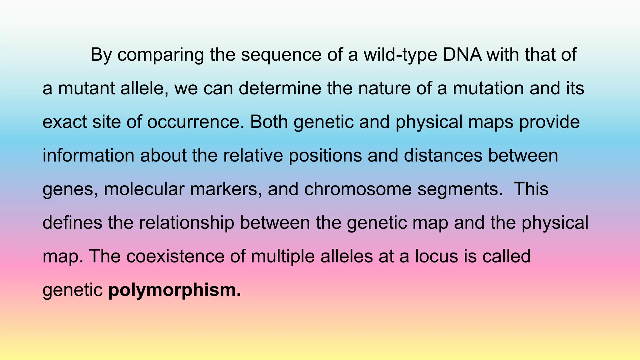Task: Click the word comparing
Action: coord(161,55)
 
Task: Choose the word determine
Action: coord(280,88)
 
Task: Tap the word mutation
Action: coord(488,88)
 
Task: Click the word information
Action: coord(88,155)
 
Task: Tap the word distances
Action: coord(443,155)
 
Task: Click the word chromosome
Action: coord(358,189)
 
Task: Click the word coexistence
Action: coord(175,256)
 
